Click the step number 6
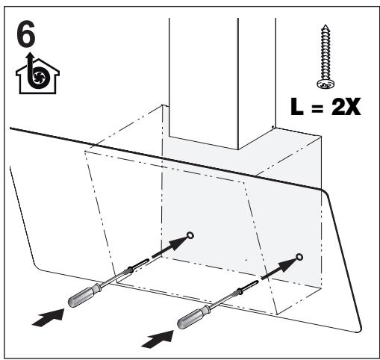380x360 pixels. point(26,35)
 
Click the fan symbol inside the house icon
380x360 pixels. point(39,76)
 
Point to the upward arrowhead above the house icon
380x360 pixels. point(31,56)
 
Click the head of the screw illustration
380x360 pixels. point(326,84)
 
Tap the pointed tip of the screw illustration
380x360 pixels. point(326,25)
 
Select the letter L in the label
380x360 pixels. point(297,106)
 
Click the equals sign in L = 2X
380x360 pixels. point(317,108)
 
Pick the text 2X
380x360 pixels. point(346,106)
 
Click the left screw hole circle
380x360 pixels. point(190,235)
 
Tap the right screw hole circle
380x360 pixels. point(299,257)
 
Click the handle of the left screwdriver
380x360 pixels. point(85,294)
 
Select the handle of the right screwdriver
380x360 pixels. point(194,317)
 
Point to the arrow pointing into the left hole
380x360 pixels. point(169,247)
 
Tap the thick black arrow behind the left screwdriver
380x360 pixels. point(48,317)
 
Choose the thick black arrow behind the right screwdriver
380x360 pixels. point(158,339)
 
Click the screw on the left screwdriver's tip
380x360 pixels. point(139,265)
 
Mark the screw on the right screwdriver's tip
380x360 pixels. point(248,286)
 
